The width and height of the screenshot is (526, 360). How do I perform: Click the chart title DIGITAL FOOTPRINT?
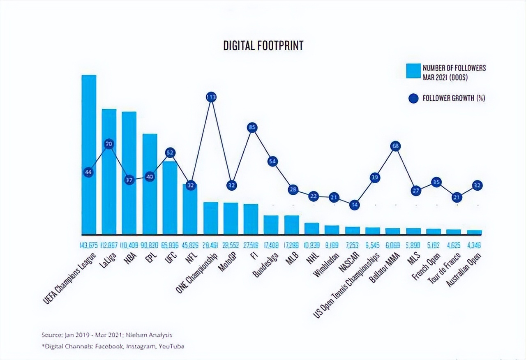[263, 46]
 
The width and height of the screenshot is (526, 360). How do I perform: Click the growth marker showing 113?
[211, 97]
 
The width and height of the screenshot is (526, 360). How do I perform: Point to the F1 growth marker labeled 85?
[252, 128]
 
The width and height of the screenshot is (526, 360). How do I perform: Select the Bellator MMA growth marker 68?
[396, 146]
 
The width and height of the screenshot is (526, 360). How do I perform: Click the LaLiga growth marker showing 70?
[109, 144]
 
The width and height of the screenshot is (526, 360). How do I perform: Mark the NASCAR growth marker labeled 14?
[355, 205]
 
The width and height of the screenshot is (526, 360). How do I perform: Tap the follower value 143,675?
[89, 246]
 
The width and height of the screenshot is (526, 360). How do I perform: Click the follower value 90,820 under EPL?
[150, 246]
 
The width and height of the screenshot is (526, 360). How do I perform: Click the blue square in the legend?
[413, 71]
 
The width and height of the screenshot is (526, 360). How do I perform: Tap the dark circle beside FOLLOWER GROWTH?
[413, 98]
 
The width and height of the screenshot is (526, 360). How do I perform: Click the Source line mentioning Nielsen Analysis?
[106, 335]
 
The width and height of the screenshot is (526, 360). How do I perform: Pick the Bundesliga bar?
[271, 225]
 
